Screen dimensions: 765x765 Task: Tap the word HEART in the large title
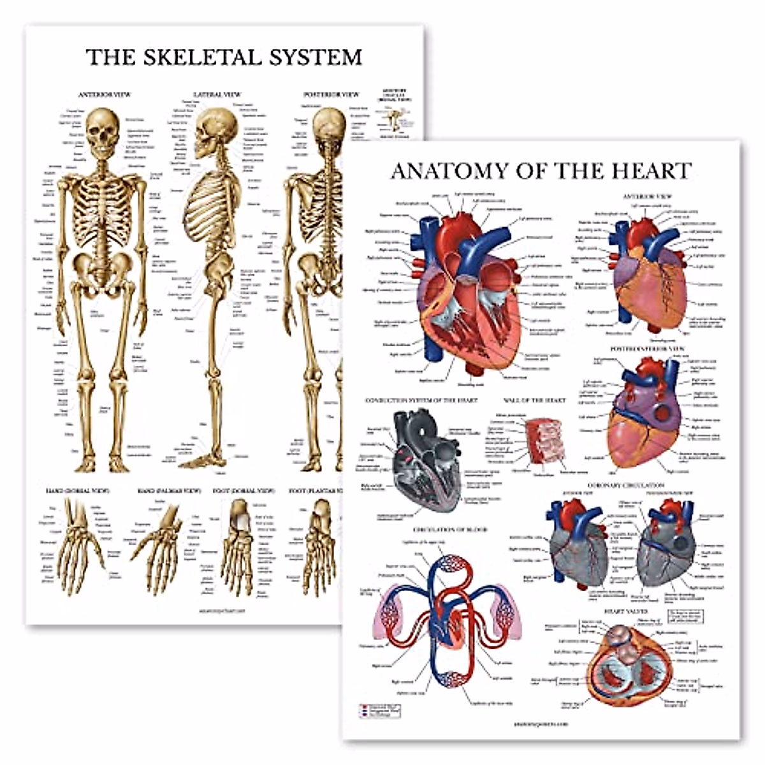point(651,171)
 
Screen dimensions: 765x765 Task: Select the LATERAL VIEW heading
point(217,94)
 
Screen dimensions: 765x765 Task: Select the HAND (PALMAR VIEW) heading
point(168,492)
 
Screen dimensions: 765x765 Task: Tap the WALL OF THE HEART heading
point(534,400)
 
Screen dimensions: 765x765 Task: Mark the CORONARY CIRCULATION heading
point(627,485)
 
